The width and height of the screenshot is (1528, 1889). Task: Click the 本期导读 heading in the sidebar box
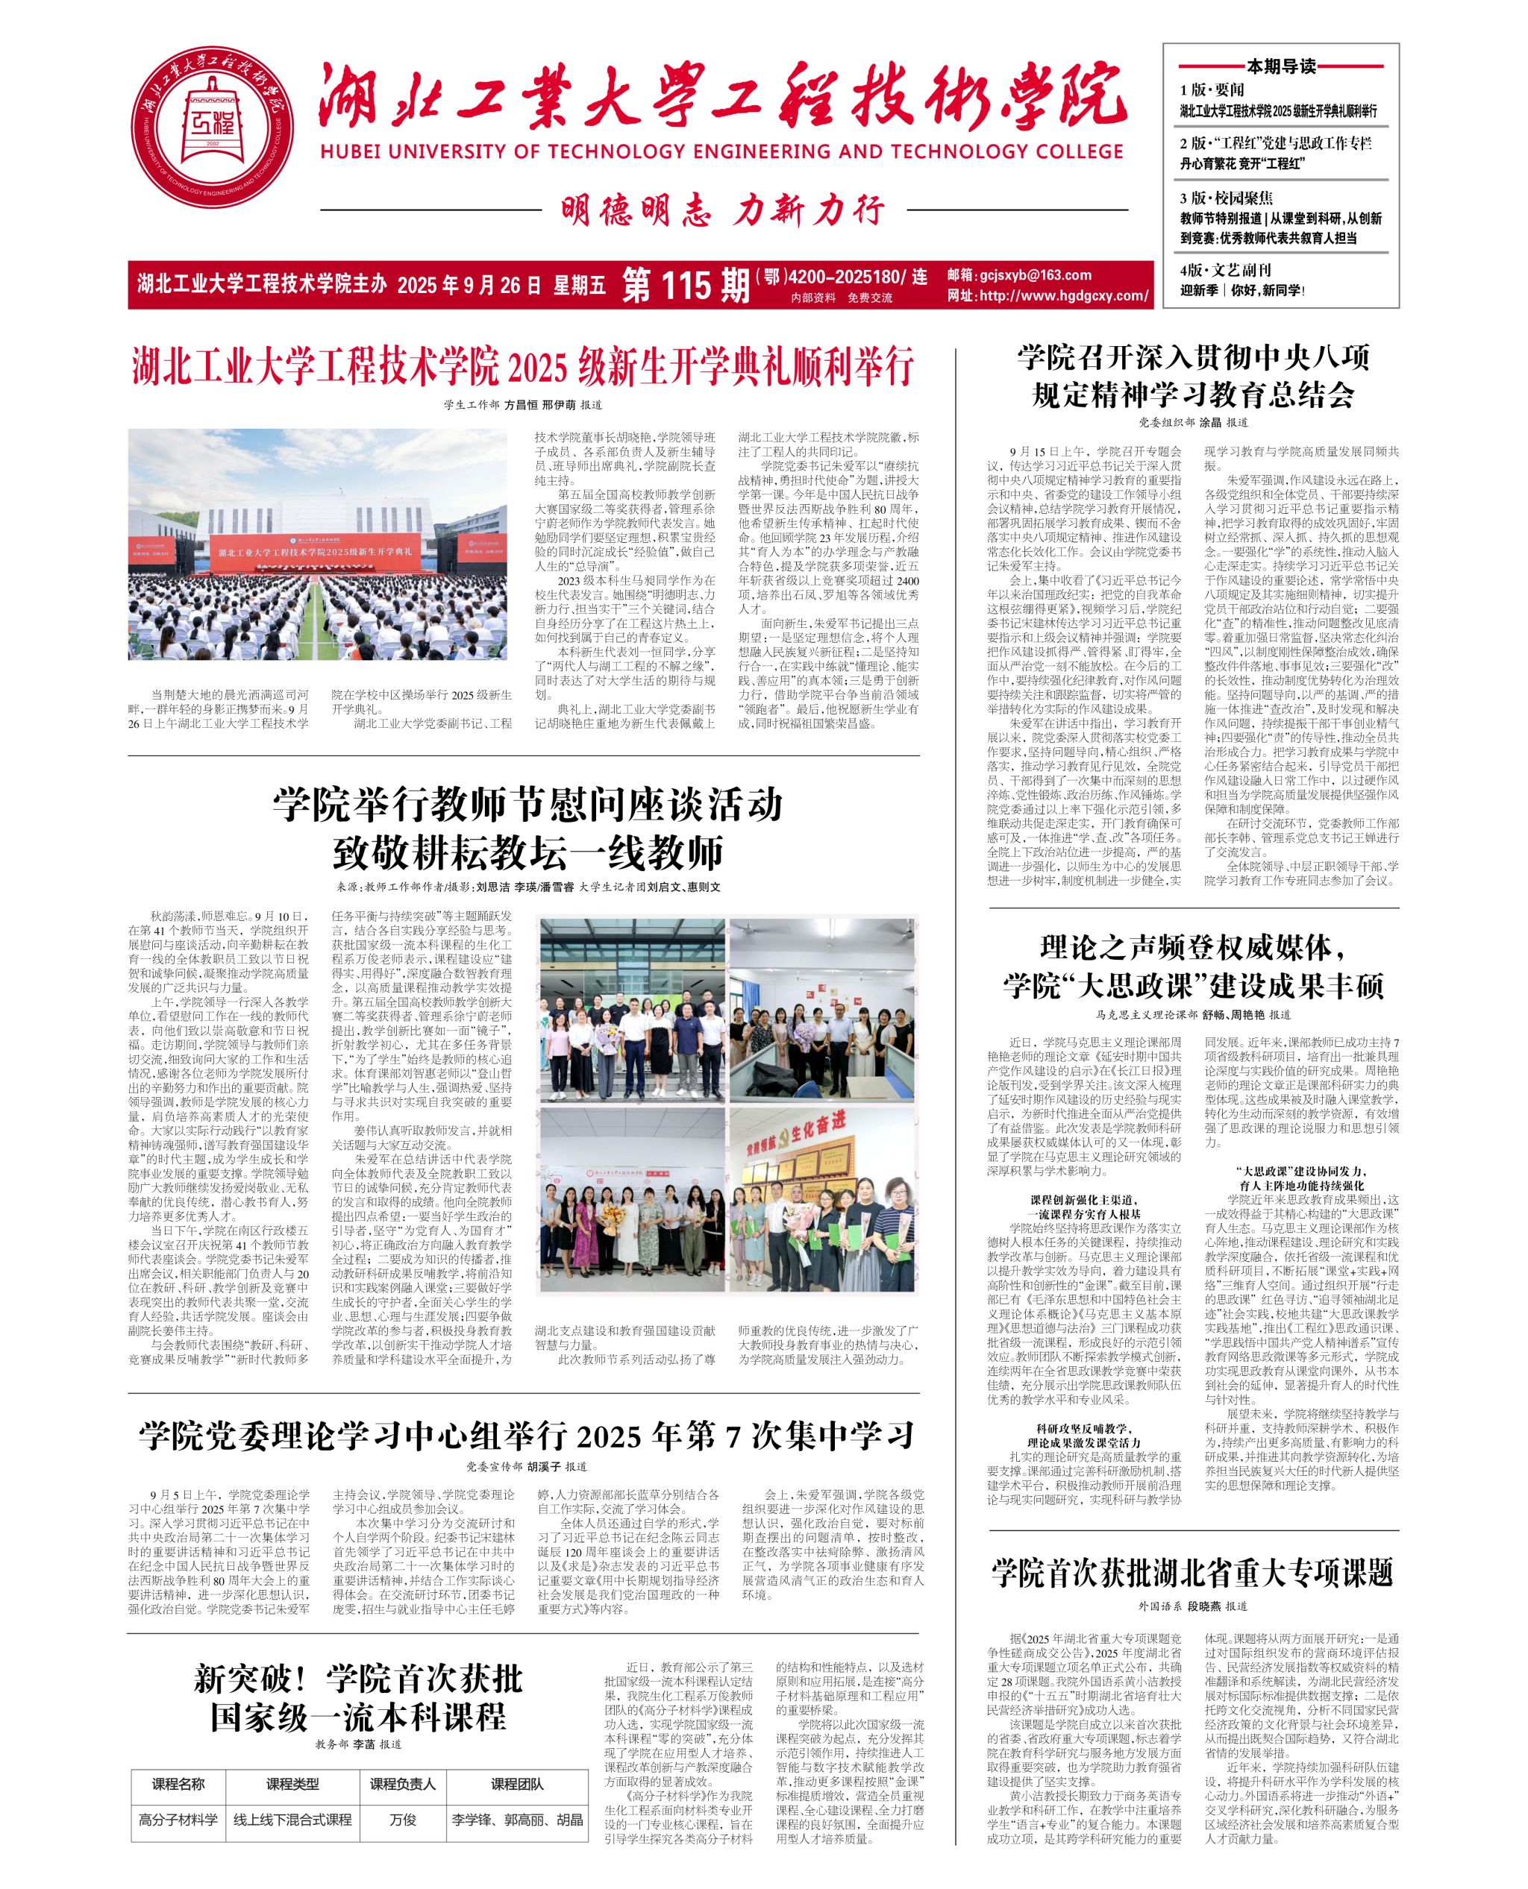click(1280, 66)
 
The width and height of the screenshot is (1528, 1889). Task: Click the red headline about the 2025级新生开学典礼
click(523, 367)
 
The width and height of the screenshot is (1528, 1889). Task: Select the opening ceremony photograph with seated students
click(318, 544)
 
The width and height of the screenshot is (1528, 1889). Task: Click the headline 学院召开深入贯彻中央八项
click(1194, 357)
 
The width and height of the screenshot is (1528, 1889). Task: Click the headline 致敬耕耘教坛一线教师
click(527, 852)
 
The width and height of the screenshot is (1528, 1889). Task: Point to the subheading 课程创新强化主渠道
click(1083, 1199)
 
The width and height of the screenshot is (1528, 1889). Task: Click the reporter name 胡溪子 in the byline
click(544, 1467)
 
